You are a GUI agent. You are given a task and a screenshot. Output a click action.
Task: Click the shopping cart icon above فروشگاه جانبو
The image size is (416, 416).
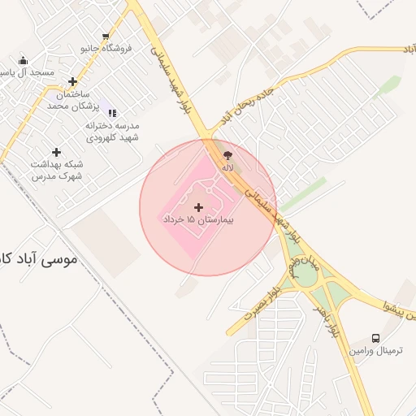pos(106,37)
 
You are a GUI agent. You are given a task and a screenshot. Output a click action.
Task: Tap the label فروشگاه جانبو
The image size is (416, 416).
pos(106,49)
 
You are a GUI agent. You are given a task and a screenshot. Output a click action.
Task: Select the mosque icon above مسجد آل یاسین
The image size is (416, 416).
pos(23,61)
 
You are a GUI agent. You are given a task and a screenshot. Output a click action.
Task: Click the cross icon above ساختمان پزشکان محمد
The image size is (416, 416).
pos(73,81)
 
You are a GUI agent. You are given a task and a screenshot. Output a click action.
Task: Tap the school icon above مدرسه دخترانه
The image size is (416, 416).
pos(112,113)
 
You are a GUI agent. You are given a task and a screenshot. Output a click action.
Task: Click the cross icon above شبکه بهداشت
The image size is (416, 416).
pos(56,152)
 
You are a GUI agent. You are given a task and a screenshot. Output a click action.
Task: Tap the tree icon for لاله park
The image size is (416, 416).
pos(227,154)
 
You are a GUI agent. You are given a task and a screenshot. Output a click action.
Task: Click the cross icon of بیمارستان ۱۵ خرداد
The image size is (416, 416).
pos(200,208)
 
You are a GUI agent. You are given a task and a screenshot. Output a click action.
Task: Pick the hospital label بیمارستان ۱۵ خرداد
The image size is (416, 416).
pos(199,220)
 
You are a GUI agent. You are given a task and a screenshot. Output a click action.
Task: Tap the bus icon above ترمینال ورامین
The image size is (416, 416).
pos(375,337)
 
